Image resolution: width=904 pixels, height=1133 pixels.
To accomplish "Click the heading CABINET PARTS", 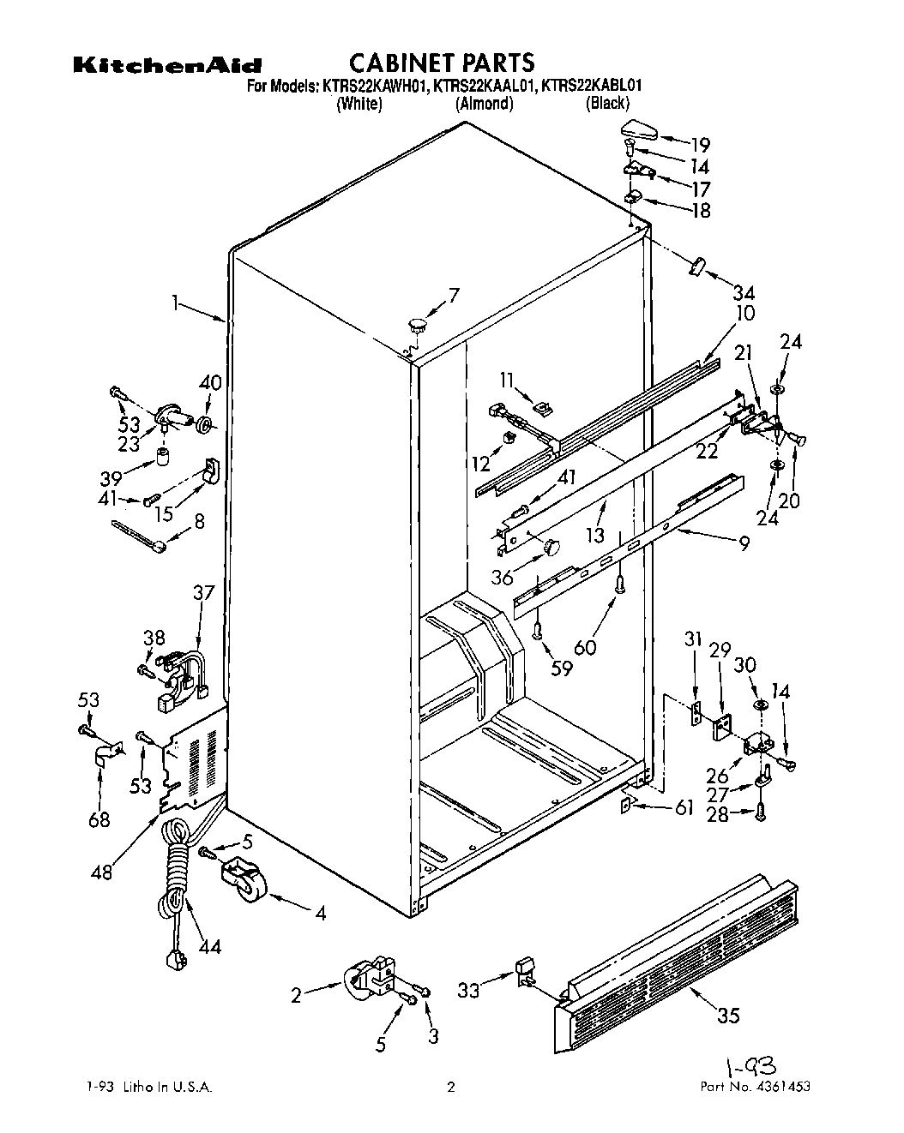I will [x=442, y=63].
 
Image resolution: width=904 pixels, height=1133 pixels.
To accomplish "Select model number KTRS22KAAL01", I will [x=484, y=85].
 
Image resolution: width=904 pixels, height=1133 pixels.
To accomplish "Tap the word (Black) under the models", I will [x=607, y=104].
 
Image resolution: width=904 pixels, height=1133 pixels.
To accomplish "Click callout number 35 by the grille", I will [x=727, y=1015].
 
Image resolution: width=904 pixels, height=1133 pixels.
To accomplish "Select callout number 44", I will [x=208, y=946].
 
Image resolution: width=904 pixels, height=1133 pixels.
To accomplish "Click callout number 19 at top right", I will [x=701, y=144].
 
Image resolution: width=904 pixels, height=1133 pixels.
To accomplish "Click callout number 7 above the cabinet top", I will [x=454, y=295].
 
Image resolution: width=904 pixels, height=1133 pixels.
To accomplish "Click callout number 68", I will [x=99, y=819].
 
